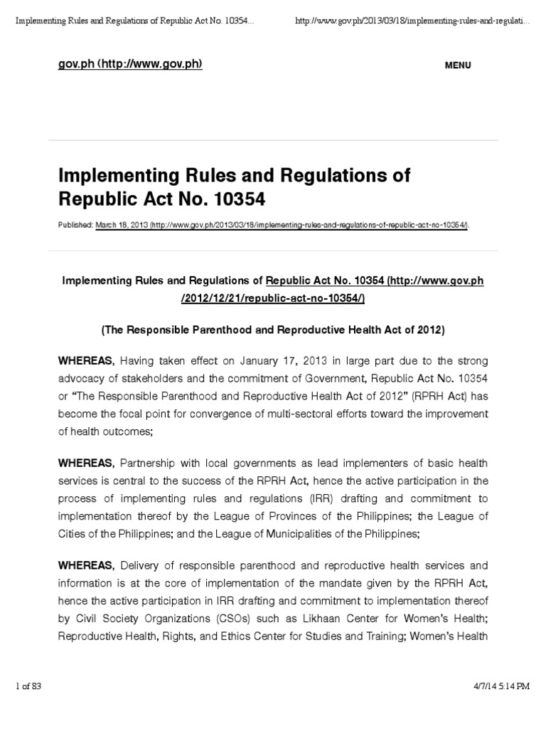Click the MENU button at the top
coord(458,65)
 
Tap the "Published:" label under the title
coord(75,225)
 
